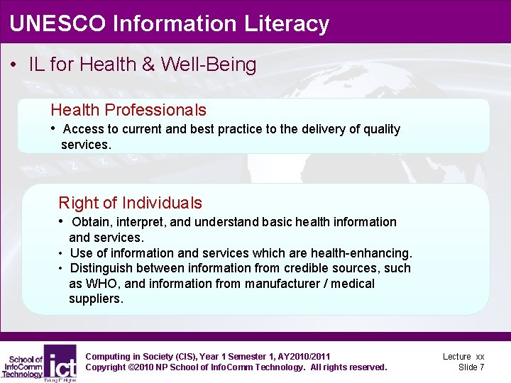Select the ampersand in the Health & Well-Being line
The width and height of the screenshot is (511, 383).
pyautogui.click(x=148, y=65)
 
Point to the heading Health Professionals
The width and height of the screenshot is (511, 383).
pyautogui.click(x=128, y=110)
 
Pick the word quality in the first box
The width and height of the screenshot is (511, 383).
pyautogui.click(x=381, y=129)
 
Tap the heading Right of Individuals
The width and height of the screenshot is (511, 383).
pyautogui.click(x=130, y=203)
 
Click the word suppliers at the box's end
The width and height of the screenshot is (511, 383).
pyautogui.click(x=96, y=299)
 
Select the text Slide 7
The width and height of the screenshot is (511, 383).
pyautogui.click(x=471, y=367)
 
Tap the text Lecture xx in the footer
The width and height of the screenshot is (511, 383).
pyautogui.click(x=463, y=356)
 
